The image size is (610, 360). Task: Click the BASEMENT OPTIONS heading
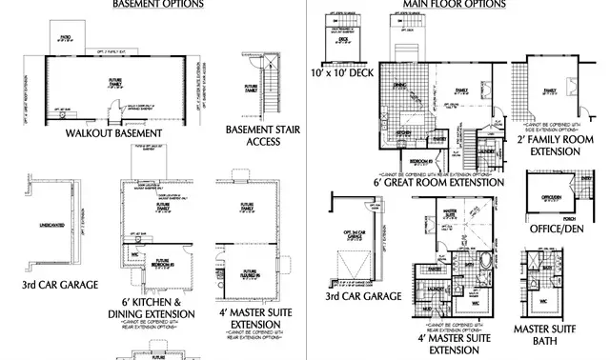coord(157,5)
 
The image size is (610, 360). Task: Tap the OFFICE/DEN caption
coord(561,230)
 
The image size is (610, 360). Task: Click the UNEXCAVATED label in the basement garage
coord(45,225)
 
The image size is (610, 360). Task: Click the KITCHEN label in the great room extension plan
coord(402,132)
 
